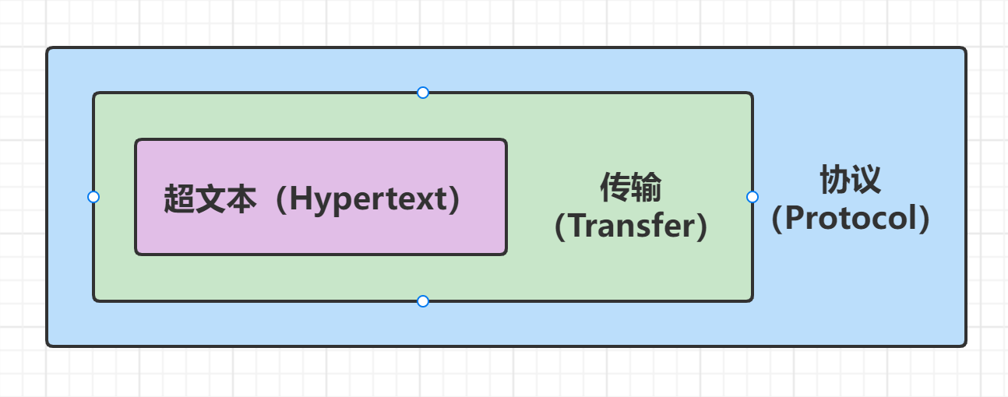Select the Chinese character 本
[241, 200]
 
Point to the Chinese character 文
[210, 200]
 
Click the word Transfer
[631, 227]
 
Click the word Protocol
[851, 219]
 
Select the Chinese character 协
[834, 180]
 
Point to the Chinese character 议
[865, 180]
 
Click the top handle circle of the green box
[423, 93]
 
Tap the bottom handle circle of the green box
[423, 301]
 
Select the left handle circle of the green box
[93, 197]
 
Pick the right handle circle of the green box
[752, 197]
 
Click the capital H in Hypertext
[301, 200]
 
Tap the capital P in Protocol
[797, 219]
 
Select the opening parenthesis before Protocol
[778, 219]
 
